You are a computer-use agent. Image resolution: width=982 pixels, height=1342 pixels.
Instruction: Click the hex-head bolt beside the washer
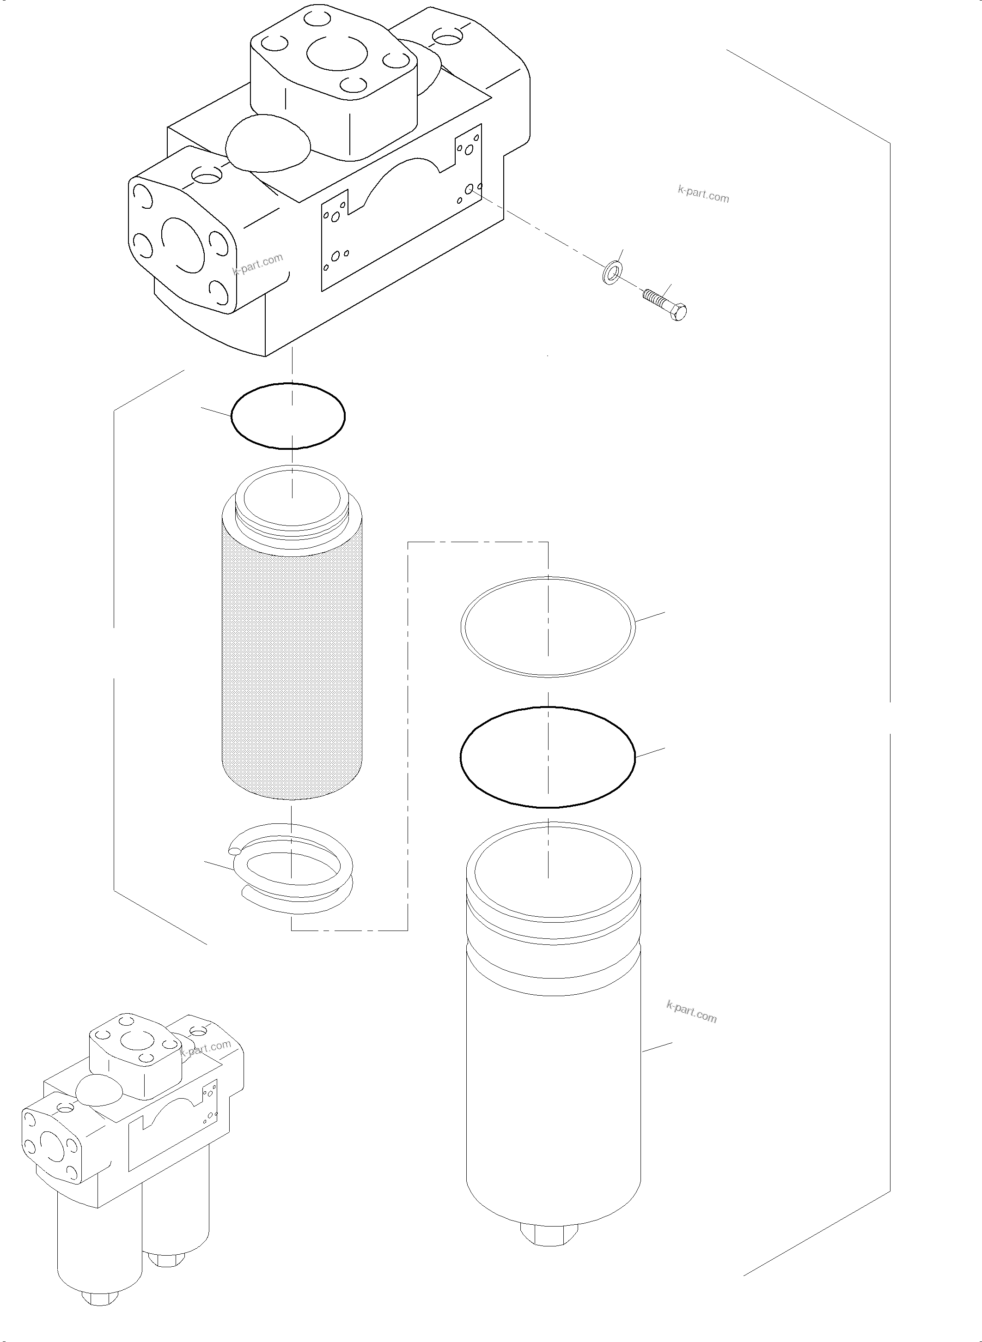(x=666, y=302)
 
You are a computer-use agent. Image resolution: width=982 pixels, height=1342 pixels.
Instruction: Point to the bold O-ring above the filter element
(x=288, y=415)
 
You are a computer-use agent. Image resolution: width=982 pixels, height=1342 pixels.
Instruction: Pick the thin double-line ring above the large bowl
(x=548, y=627)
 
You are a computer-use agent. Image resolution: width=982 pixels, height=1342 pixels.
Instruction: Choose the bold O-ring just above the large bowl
(x=548, y=757)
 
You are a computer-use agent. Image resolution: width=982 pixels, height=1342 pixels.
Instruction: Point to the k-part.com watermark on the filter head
(x=257, y=264)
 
